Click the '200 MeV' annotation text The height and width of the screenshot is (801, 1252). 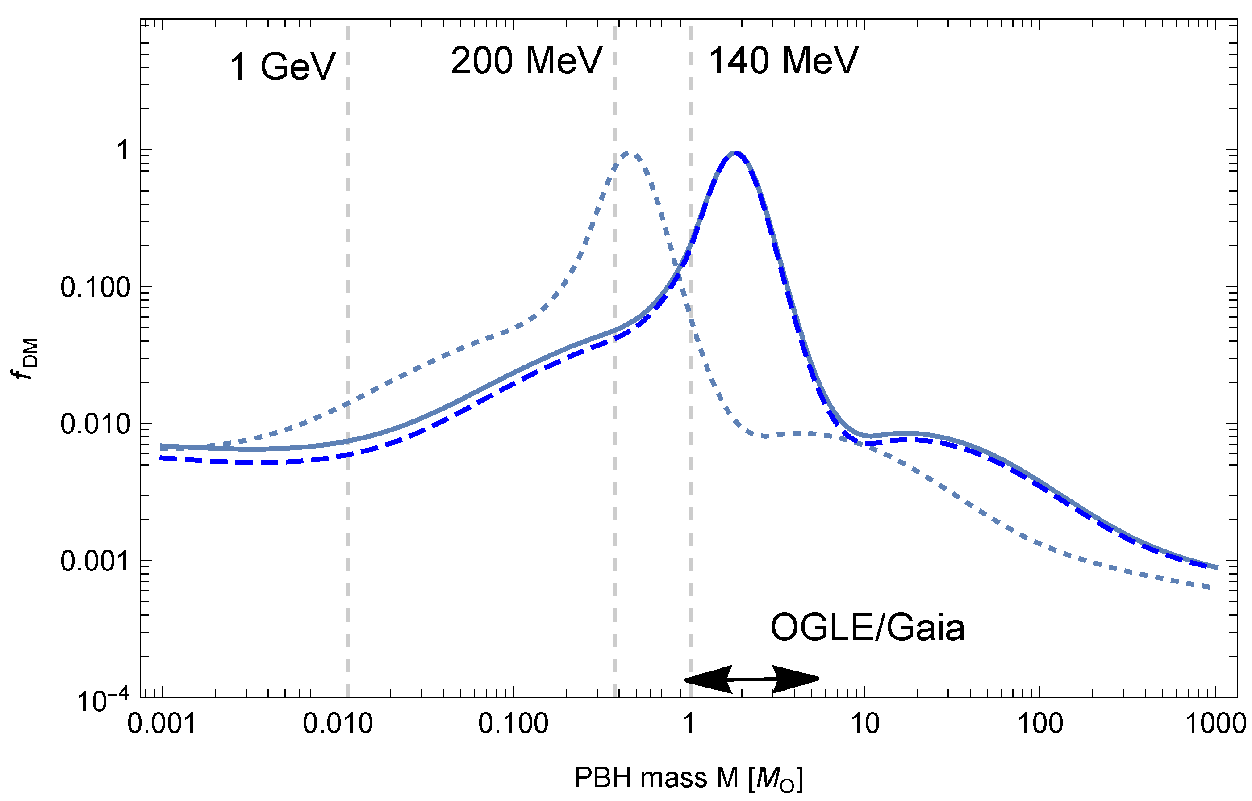[x=526, y=61]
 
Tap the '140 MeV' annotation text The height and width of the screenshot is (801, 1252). [x=783, y=61]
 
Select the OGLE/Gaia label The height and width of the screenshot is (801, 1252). [x=867, y=628]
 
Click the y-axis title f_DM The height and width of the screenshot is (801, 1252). [x=25, y=359]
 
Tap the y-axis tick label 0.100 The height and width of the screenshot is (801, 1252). [x=95, y=287]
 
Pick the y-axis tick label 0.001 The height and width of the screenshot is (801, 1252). [x=95, y=561]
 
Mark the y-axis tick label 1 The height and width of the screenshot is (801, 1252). [x=123, y=150]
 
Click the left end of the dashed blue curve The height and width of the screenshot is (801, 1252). [x=162, y=458]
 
